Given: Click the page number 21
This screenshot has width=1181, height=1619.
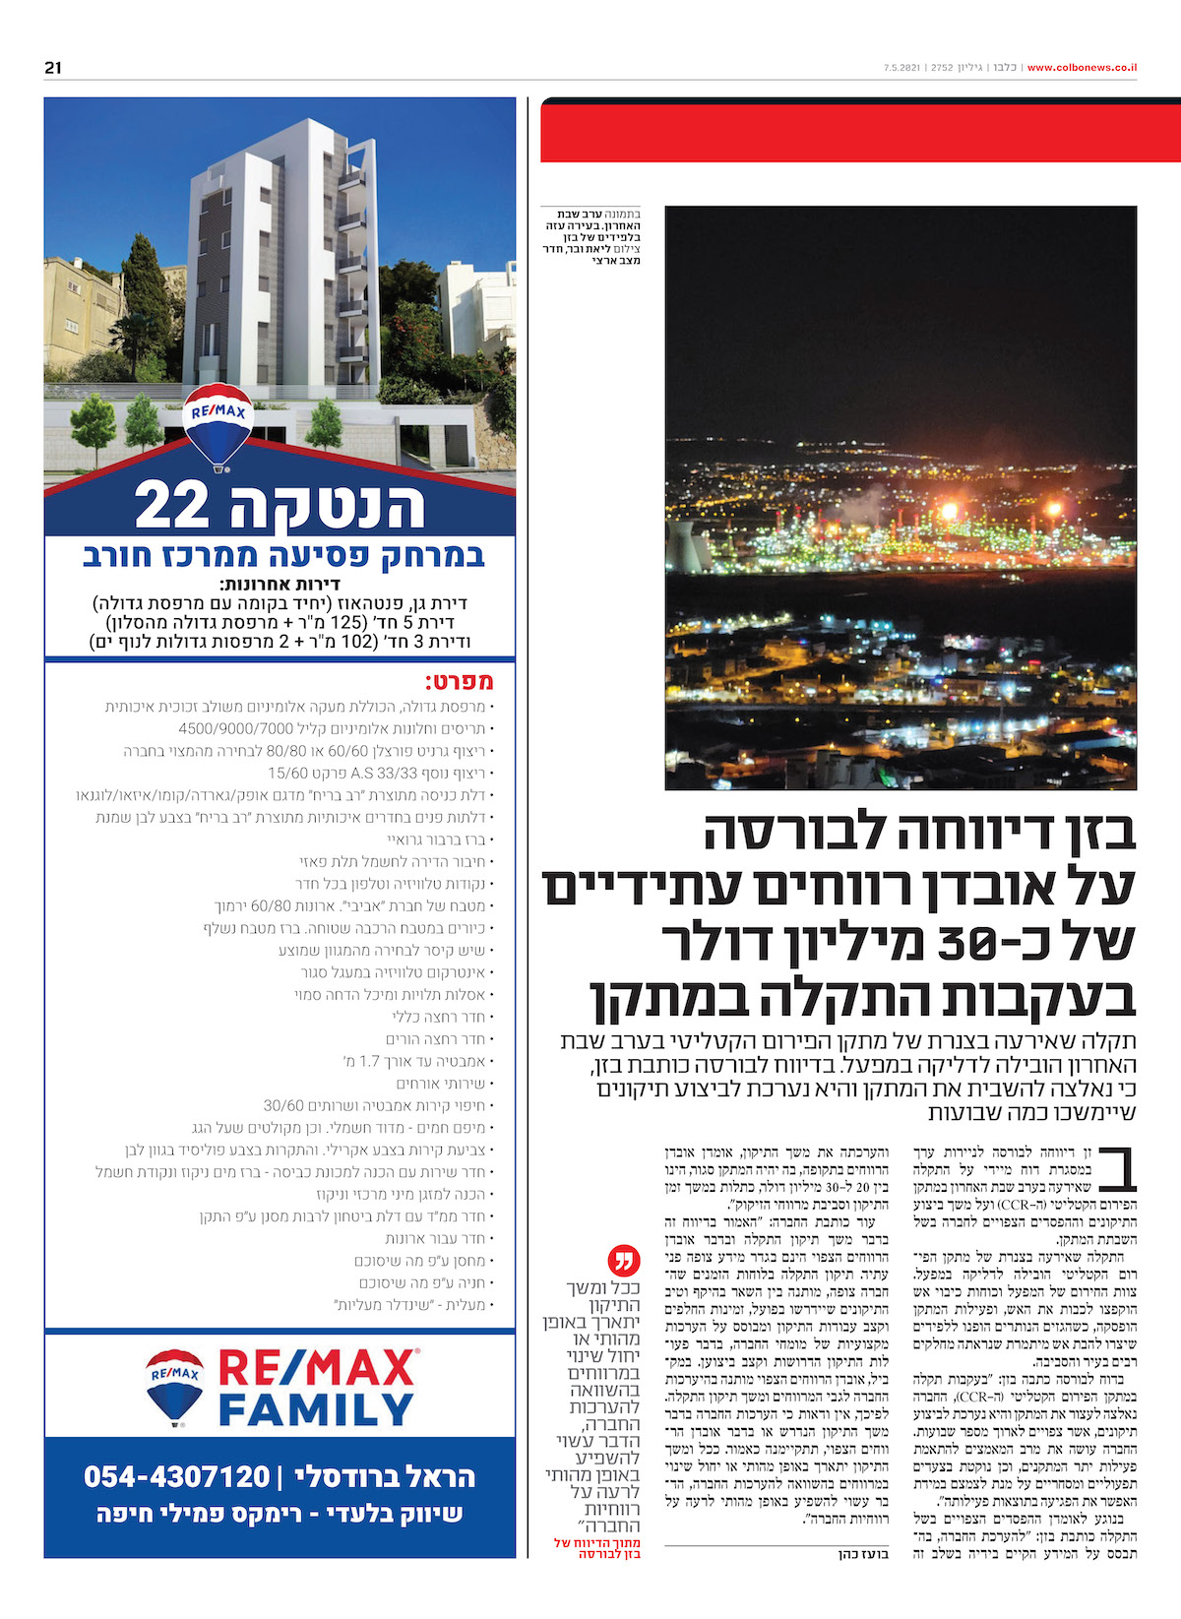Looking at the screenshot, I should [x=53, y=68].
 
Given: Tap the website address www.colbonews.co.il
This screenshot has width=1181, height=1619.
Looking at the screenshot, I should [x=1083, y=68].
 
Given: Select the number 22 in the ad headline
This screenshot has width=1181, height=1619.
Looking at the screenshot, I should [x=172, y=506].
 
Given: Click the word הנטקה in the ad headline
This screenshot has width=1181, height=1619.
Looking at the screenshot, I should [x=328, y=506].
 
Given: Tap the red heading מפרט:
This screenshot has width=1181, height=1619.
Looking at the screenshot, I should [x=459, y=682].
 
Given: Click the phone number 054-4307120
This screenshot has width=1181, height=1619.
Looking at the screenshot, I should [x=177, y=1476].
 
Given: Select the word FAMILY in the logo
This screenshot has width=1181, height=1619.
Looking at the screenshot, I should [x=316, y=1410].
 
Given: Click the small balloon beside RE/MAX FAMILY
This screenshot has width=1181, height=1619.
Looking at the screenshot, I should [x=175, y=1387].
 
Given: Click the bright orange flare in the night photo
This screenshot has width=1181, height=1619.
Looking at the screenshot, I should [x=949, y=513].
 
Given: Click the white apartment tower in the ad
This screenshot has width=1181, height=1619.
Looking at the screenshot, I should [x=271, y=266].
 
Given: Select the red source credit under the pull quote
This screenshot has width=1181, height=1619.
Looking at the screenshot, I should [x=597, y=1548].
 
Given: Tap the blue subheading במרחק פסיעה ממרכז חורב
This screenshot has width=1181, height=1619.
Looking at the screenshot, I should [x=283, y=556].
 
